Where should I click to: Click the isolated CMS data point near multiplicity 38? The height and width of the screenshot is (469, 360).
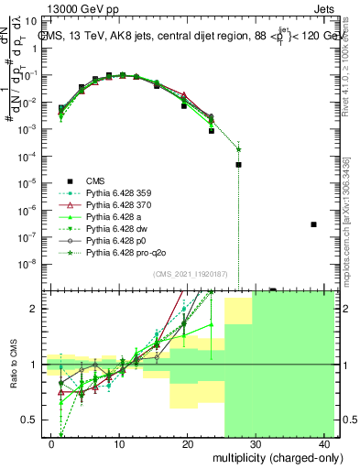pos(313,224)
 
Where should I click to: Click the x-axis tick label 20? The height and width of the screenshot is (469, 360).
pos(187,444)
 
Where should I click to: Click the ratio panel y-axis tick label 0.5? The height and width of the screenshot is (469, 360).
pos(27,420)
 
